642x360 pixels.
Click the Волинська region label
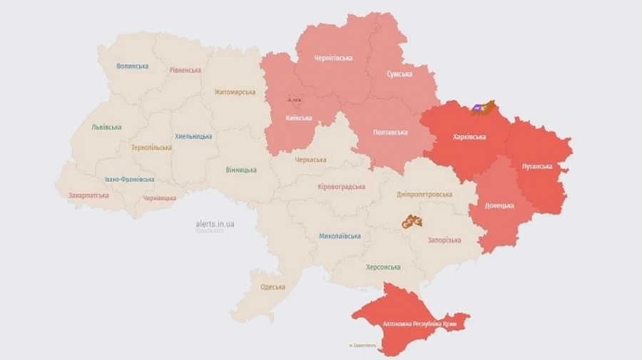tap(133, 66)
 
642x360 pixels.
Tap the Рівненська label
tap(185, 71)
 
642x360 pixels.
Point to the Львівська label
tap(106, 128)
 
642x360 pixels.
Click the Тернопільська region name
tap(151, 148)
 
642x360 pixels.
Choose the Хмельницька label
tap(193, 136)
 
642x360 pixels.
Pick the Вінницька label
tap(241, 170)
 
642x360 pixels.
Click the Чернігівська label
tap(333, 58)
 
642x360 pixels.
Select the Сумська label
tap(399, 74)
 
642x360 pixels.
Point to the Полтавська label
tap(389, 133)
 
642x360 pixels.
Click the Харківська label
tap(469, 137)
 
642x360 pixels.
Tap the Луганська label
tap(537, 167)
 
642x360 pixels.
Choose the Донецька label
tap(499, 205)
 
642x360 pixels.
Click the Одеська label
tap(272, 287)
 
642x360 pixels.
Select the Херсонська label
tap(383, 267)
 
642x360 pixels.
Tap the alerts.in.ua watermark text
tap(215, 224)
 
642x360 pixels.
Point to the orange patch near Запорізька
tap(412, 222)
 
